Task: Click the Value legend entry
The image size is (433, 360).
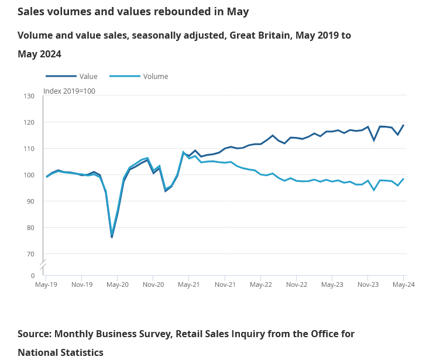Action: (x=88, y=76)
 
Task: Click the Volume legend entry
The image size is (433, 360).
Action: (x=155, y=76)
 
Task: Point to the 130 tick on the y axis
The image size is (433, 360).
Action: (x=30, y=96)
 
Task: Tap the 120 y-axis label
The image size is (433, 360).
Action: (x=30, y=122)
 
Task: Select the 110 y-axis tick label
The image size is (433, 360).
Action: (x=30, y=149)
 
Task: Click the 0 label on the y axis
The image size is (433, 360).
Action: (x=33, y=275)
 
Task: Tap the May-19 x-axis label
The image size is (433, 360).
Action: (x=46, y=284)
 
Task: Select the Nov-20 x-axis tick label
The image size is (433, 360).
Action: (x=153, y=284)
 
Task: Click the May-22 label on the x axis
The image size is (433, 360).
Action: (x=260, y=284)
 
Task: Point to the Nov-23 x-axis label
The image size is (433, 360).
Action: (x=368, y=284)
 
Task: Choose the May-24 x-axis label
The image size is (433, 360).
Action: (x=403, y=284)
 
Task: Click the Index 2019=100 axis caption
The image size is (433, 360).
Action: (x=69, y=91)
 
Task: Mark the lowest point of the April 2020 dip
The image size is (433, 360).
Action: (x=112, y=236)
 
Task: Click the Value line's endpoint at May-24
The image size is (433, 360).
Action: (x=403, y=125)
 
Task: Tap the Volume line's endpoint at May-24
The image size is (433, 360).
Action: (x=403, y=179)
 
